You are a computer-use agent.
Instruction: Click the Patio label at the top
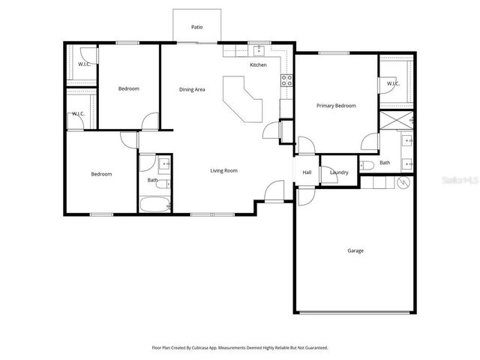coord(196,27)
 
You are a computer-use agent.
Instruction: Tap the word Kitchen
coord(258,65)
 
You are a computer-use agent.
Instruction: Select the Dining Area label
coord(192,90)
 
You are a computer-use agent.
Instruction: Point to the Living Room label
coord(223,171)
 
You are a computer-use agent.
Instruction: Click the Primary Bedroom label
coord(335,106)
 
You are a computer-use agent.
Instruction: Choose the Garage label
coord(355,250)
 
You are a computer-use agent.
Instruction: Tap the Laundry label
coord(339,172)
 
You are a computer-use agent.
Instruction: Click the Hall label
coord(307,172)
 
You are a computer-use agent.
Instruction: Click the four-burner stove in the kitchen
coord(286,81)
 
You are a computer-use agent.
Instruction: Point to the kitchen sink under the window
coord(258,50)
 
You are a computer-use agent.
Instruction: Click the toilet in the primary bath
coord(367,165)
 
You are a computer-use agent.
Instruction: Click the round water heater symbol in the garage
coord(403,182)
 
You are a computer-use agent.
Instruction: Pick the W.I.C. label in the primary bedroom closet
coord(393,84)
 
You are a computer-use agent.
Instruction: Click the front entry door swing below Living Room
coord(275,193)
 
